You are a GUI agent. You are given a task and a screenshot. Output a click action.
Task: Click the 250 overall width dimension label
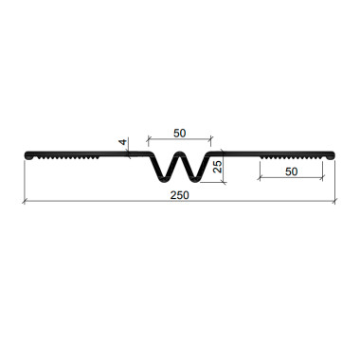point(180,195)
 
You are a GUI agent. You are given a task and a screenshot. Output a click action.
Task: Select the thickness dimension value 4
point(123,141)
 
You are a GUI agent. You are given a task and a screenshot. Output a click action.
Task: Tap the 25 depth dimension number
point(217,167)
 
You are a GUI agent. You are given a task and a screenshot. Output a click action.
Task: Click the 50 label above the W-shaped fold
point(180,134)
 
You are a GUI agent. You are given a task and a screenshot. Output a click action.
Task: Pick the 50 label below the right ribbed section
point(291,171)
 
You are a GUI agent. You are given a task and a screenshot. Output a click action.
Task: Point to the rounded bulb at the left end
point(28,155)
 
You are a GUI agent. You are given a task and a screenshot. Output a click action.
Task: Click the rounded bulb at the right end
point(331,155)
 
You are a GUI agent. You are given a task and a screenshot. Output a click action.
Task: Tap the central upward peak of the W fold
point(179,153)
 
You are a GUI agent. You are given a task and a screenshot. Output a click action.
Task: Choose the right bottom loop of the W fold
point(194,180)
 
